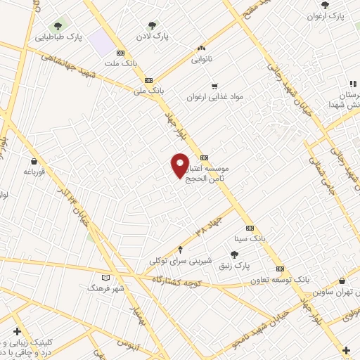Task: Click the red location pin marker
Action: (180, 165)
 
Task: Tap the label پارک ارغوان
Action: (330, 15)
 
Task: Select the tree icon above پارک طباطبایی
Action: (58, 26)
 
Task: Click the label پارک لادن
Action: (152, 34)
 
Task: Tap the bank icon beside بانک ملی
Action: (148, 80)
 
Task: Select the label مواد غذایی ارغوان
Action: (215, 97)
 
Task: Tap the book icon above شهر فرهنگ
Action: (106, 277)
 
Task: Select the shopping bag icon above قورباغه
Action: (34, 161)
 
